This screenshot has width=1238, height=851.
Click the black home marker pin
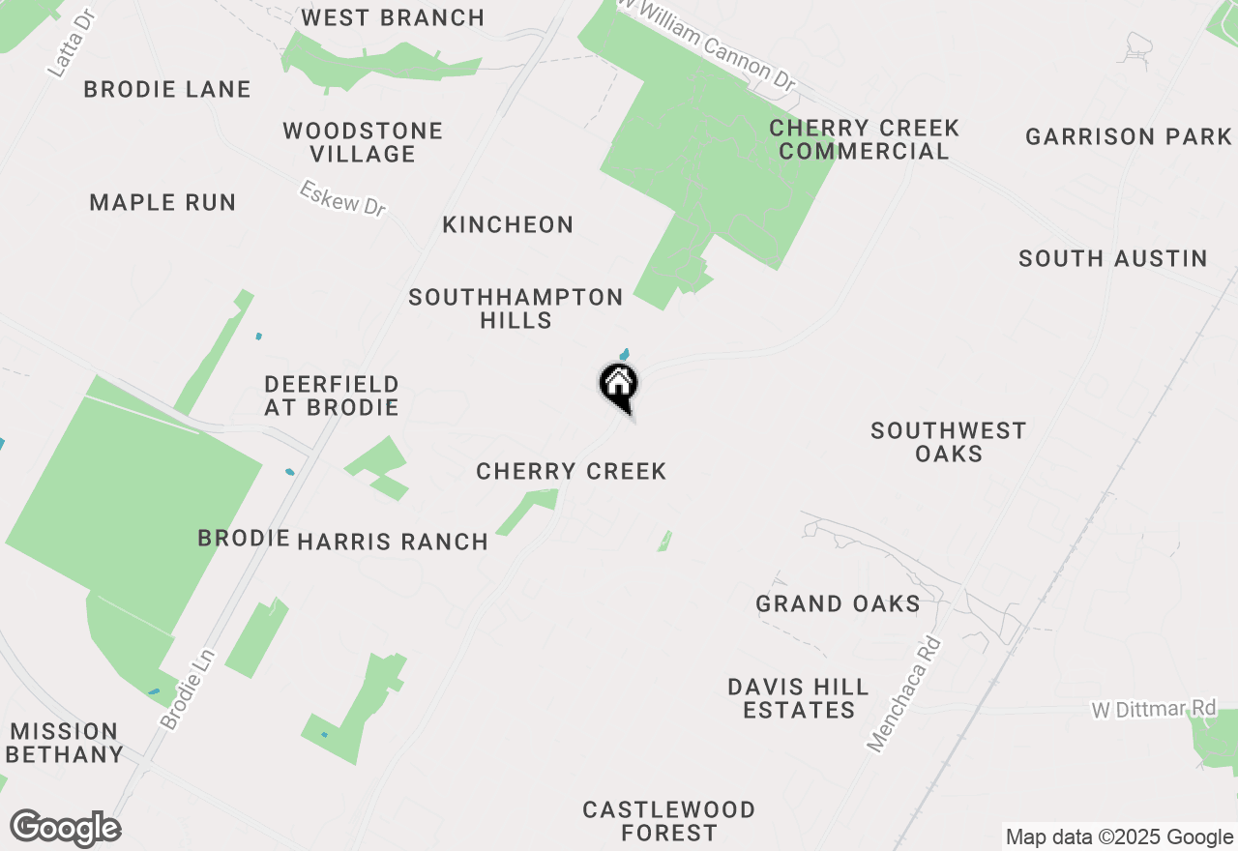[619, 386]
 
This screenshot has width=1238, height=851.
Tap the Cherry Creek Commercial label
[864, 139]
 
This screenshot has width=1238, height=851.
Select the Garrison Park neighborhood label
[1129, 136]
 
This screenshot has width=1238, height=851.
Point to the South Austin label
[1112, 258]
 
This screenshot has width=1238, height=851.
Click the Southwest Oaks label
[948, 442]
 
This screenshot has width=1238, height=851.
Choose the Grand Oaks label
[838, 604]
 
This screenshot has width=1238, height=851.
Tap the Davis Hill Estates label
[798, 698]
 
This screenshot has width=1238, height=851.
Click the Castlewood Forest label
[668, 820]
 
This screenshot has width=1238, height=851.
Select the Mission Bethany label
[65, 743]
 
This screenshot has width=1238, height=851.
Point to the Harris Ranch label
[393, 542]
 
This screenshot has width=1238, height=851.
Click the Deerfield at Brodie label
[332, 396]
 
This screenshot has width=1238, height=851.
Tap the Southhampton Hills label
[516, 308]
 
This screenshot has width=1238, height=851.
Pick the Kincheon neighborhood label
[508, 224]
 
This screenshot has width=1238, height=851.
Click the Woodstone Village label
[363, 142]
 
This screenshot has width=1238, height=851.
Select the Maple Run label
[162, 202]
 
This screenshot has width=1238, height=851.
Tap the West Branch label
[393, 17]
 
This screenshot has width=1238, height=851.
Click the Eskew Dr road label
[342, 198]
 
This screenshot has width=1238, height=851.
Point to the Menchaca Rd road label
[904, 692]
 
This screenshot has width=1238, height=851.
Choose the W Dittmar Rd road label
[1153, 709]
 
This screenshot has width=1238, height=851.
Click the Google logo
[65, 829]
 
